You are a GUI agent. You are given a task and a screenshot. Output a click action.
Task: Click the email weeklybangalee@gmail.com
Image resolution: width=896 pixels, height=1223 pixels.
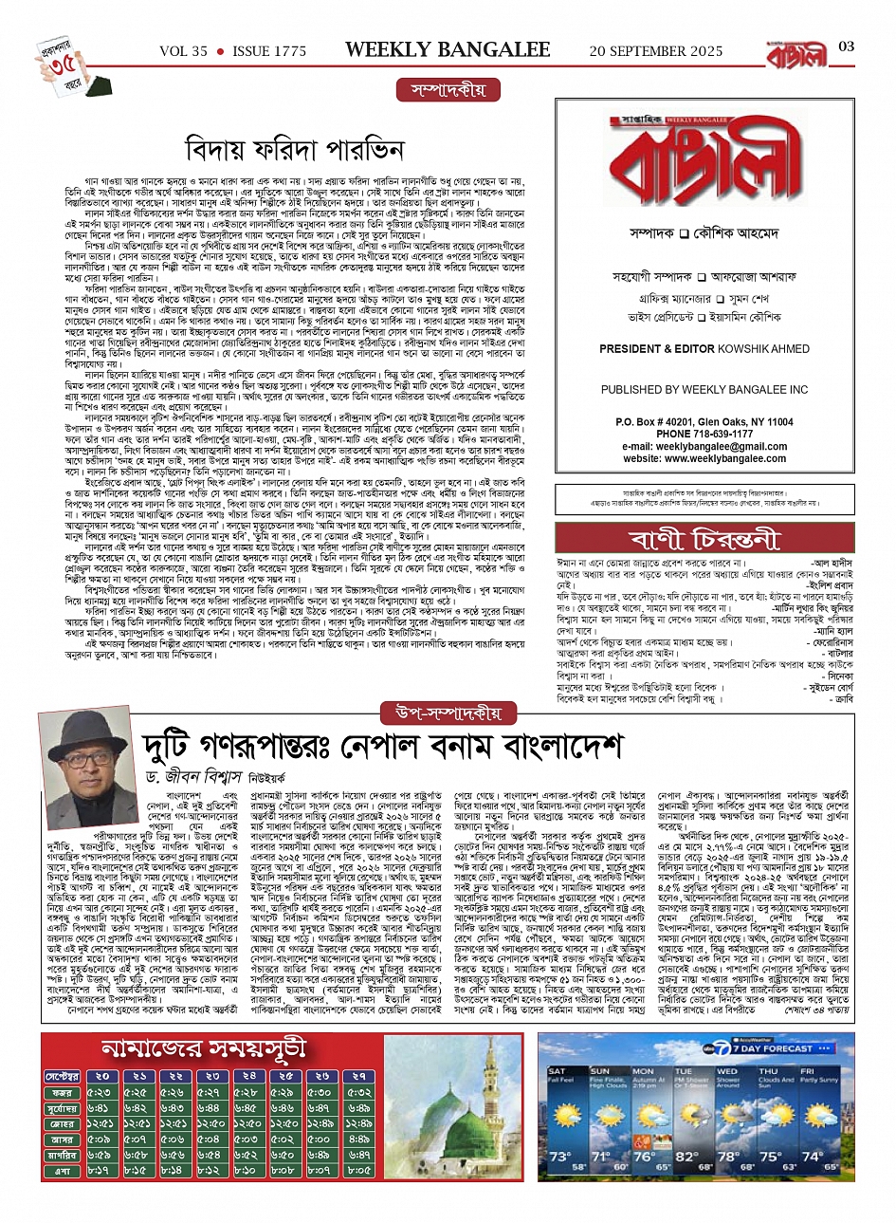[x=704, y=447]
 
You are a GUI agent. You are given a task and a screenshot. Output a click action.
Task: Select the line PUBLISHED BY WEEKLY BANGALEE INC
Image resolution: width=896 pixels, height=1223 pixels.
[x=704, y=390]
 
